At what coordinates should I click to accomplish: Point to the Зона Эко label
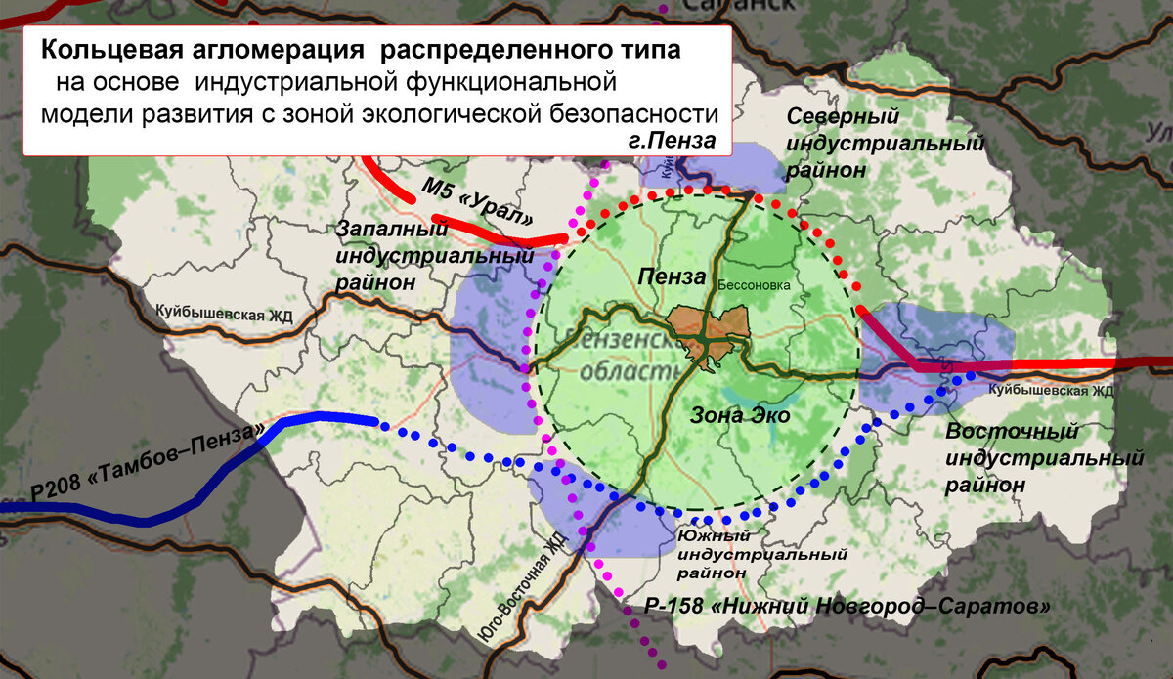coord(740,416)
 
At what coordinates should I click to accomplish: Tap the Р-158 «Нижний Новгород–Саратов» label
coord(847,606)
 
